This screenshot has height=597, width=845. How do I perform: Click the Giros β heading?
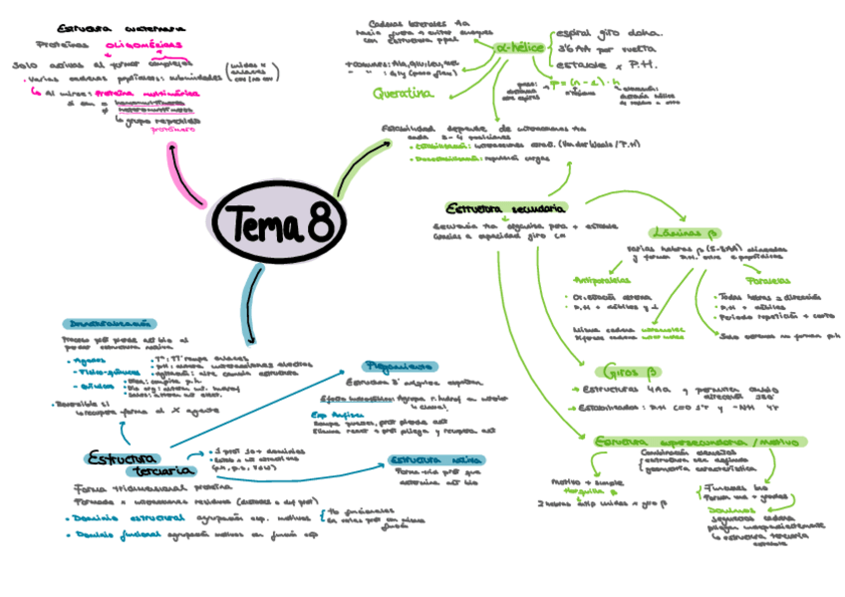[x=622, y=370]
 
